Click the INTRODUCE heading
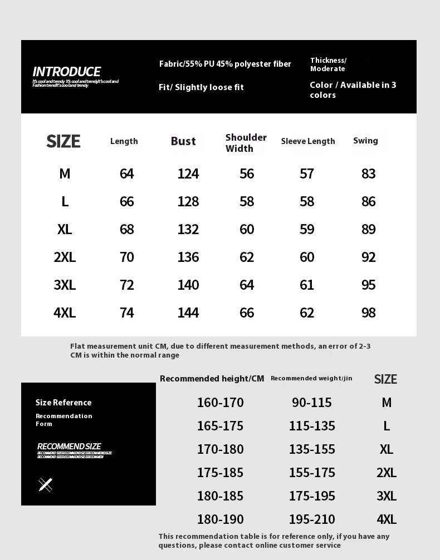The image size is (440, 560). pos(66,72)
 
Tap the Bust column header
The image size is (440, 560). pos(183,141)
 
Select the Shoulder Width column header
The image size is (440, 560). pos(246,143)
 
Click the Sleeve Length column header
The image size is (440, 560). pos(308,141)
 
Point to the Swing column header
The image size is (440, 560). pos(365,141)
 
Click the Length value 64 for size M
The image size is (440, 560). pos(127,174)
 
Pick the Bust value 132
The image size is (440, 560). pos(188,230)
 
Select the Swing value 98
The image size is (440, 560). pos(369,313)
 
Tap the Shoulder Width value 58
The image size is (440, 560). pos(247,202)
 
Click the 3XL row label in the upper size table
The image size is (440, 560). pos(65,285)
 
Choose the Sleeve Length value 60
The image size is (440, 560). pos(307,257)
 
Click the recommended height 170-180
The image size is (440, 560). pos(220,449)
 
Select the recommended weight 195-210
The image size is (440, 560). pos(312,519)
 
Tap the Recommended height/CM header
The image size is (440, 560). pos(212,379)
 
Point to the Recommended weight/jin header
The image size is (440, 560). pos(311,379)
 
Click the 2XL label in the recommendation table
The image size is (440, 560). pos(386,473)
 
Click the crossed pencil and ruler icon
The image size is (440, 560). pos(46,485)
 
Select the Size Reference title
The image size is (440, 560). pos(63,403)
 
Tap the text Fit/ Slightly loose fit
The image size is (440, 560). pos(201,87)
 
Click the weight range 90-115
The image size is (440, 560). pos(312,403)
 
